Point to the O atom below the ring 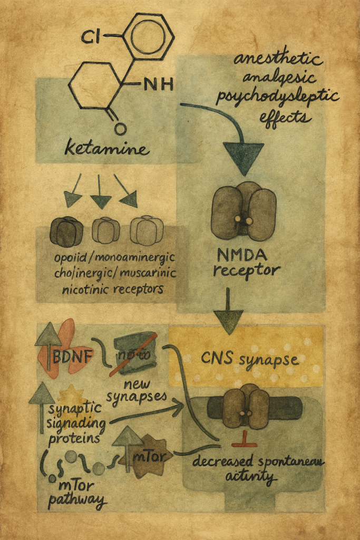[x=120, y=128]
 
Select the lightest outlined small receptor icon [x=146, y=230]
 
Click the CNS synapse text [x=249, y=360]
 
